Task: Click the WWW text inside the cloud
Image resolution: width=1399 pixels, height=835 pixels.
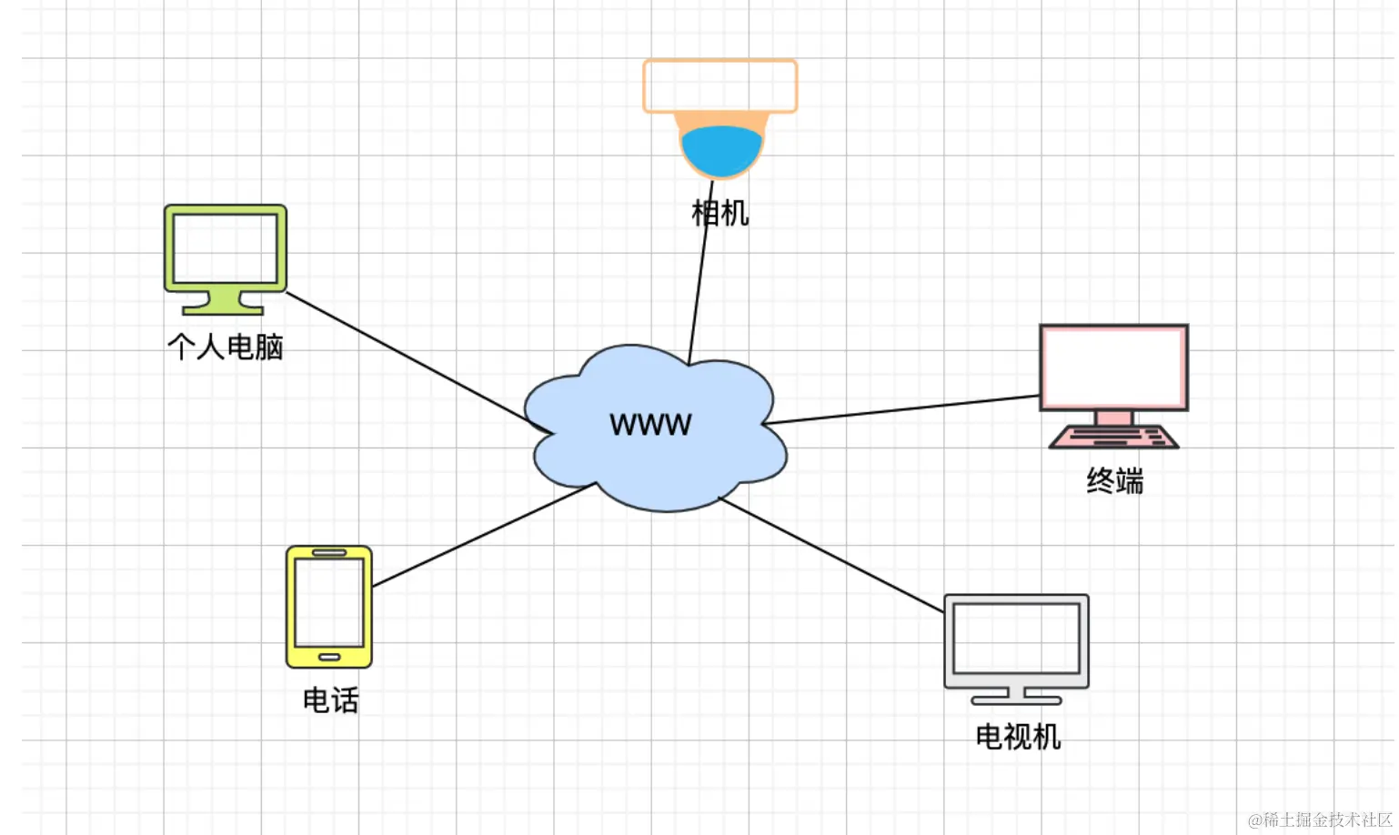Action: point(650,424)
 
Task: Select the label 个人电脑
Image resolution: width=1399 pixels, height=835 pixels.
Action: point(226,347)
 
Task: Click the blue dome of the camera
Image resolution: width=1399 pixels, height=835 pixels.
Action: point(721,151)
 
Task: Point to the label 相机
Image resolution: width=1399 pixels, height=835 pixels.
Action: point(720,213)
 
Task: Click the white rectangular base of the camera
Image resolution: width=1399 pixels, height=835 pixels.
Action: point(720,86)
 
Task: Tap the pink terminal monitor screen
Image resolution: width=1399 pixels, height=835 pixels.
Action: point(1113,367)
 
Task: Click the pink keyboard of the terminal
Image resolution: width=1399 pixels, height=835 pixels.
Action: point(1113,438)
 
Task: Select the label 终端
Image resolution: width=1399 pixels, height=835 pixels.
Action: point(1114,480)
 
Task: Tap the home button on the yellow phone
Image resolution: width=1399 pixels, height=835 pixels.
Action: point(329,657)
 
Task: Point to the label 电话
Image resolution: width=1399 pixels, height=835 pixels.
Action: point(330,699)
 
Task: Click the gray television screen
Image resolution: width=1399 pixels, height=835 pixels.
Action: point(1016,639)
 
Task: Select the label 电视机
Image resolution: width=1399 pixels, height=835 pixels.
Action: point(1018,736)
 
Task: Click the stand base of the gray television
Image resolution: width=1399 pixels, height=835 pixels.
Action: point(1016,699)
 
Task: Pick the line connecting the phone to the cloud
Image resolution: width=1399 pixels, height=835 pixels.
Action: point(482,536)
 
